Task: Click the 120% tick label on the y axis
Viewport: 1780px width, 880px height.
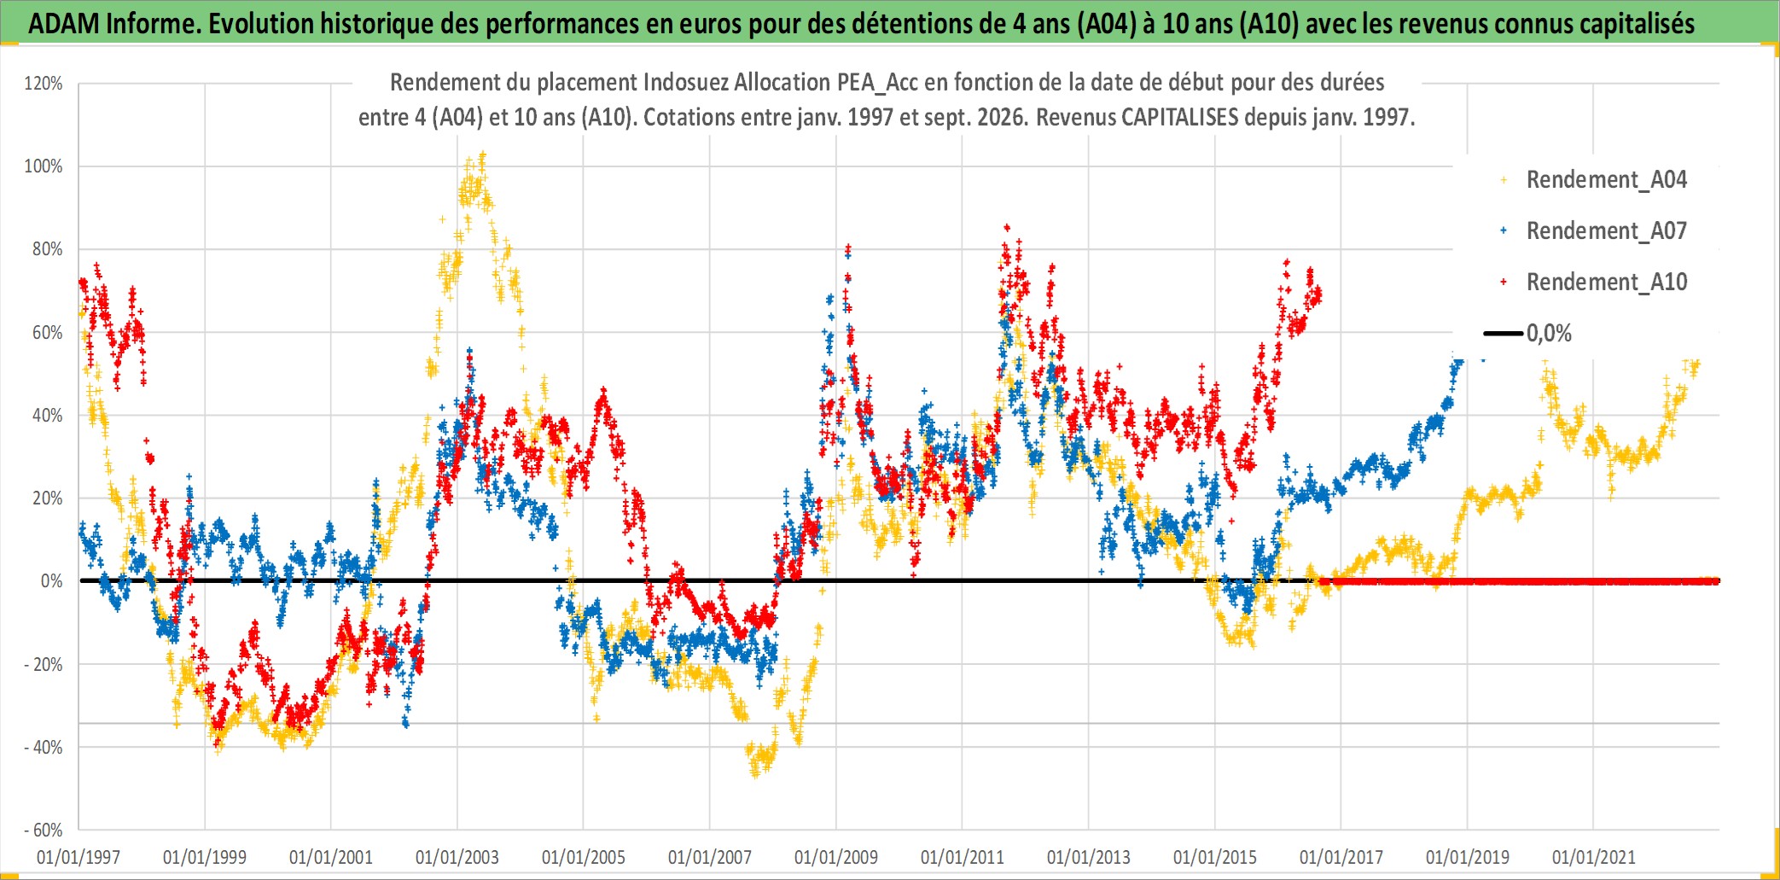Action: (x=44, y=84)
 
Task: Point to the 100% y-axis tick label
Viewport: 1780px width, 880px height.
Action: (x=44, y=166)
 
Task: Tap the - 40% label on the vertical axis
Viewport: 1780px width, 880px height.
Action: (x=43, y=748)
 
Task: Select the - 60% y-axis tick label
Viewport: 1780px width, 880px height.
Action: (x=43, y=830)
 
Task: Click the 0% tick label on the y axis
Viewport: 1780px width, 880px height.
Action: (x=51, y=581)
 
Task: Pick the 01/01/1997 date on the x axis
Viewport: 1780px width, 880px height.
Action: (x=79, y=857)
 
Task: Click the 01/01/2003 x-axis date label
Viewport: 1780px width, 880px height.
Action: (x=457, y=857)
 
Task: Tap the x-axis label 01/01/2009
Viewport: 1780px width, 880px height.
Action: (x=836, y=857)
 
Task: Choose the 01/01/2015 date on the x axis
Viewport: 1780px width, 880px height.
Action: (x=1215, y=857)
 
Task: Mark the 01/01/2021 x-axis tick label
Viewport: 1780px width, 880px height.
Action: (x=1594, y=857)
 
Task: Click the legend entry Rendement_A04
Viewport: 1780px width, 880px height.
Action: (x=1594, y=180)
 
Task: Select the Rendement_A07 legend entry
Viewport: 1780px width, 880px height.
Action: (x=1594, y=231)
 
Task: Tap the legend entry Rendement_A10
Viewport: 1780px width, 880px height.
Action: (x=1594, y=283)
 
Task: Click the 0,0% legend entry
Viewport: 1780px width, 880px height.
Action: (x=1528, y=334)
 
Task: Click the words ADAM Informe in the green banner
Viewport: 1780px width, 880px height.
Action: (x=113, y=24)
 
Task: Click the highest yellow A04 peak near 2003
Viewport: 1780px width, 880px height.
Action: (x=483, y=156)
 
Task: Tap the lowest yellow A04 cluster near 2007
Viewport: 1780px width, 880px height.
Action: (x=755, y=772)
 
